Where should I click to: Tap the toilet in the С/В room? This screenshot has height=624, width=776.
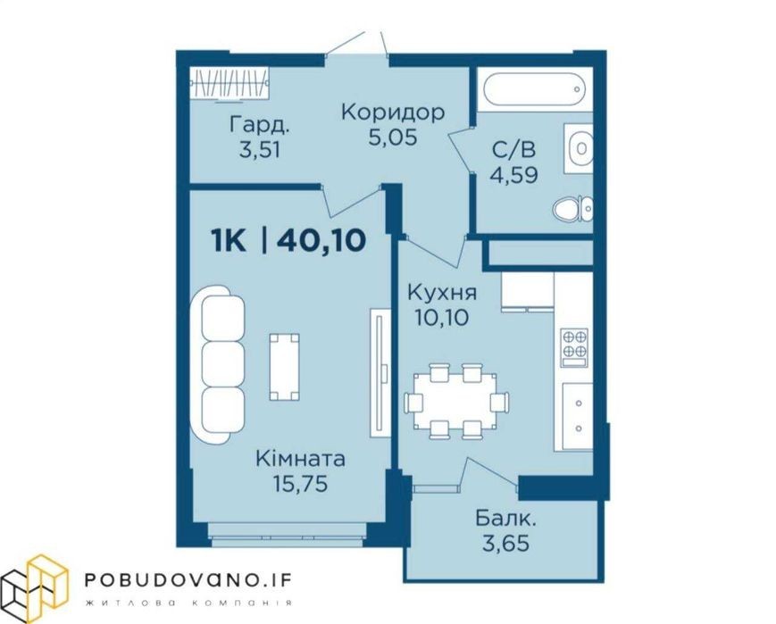(x=572, y=208)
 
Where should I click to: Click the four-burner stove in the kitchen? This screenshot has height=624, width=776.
(x=574, y=344)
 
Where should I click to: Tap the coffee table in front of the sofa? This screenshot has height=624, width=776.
(x=284, y=367)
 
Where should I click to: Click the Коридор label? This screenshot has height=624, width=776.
(x=393, y=112)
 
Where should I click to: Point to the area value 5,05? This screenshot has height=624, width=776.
(x=393, y=137)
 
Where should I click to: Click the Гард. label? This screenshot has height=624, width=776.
(x=259, y=125)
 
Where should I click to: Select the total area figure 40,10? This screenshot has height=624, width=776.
(x=321, y=241)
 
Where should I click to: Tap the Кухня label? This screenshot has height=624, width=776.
(x=442, y=293)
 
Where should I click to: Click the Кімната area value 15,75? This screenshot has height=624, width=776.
(x=300, y=484)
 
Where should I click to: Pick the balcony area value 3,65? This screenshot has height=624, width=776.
(x=505, y=544)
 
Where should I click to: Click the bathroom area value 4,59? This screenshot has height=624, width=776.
(x=513, y=175)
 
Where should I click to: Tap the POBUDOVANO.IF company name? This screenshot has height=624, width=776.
(x=188, y=580)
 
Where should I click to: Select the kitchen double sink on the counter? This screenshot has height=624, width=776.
(x=578, y=416)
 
